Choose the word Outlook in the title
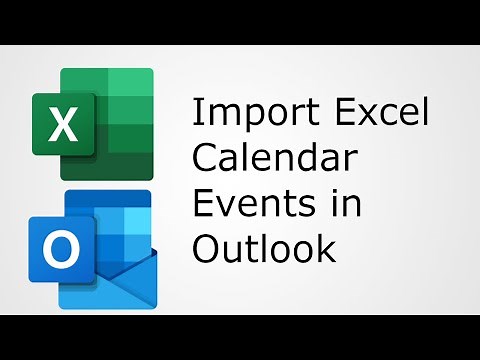263,248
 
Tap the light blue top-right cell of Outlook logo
135,207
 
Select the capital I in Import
196,114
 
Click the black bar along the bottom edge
240,337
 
